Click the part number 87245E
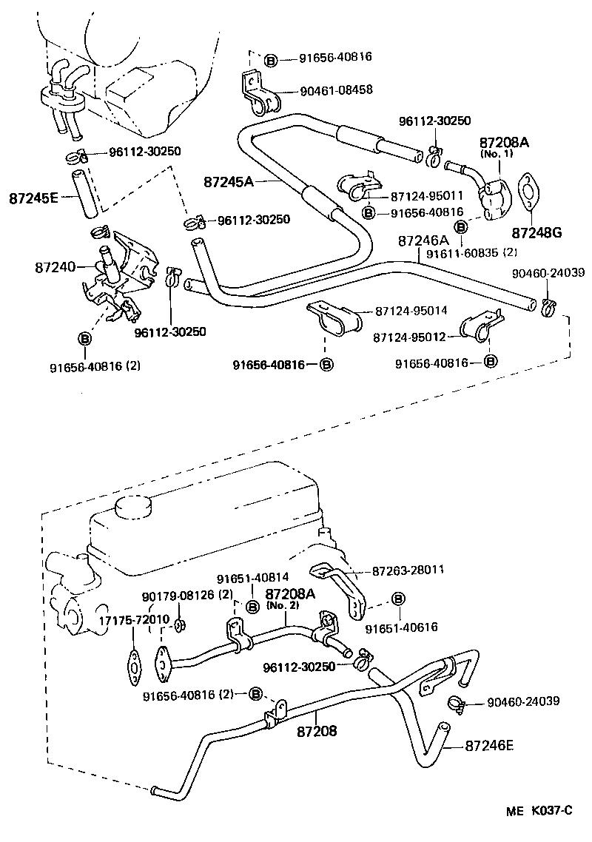tap(35, 198)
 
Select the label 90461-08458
tap(336, 90)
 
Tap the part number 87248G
tap(531, 232)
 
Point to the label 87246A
tap(423, 240)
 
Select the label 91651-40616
tap(401, 627)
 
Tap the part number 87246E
tap(489, 746)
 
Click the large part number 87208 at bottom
tap(317, 731)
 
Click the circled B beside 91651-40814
tap(252, 606)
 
